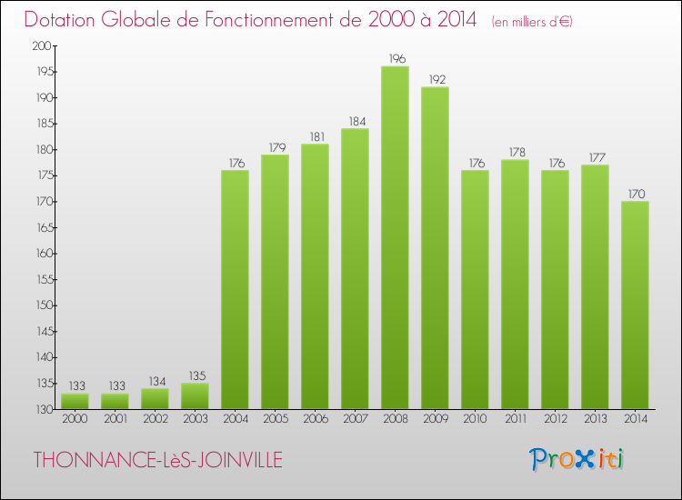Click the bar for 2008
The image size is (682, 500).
point(395,236)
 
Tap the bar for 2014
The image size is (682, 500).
point(635,305)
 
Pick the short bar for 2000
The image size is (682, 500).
point(75,401)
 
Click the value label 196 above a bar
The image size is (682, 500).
point(395,59)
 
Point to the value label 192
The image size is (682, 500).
point(435,79)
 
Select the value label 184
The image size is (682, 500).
point(355,121)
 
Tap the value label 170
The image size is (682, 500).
point(635,194)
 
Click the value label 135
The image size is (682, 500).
point(195,375)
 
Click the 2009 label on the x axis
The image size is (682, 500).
point(435,419)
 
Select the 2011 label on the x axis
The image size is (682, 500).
point(515,419)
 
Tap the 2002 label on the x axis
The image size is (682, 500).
point(155,419)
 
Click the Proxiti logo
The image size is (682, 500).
point(577,459)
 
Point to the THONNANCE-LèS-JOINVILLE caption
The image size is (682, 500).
point(157,460)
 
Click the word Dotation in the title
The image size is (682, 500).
point(65,19)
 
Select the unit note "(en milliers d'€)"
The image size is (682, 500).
point(532,21)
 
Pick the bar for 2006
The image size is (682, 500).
point(315,276)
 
